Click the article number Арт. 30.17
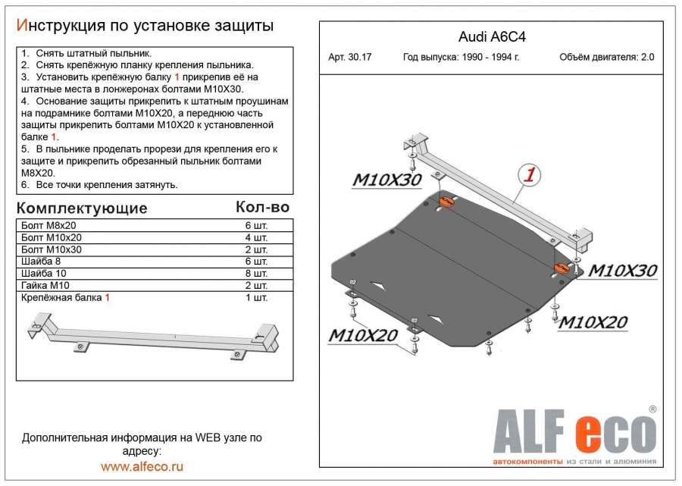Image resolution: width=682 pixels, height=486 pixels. click(x=356, y=58)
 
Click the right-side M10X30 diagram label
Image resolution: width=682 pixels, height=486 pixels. click(x=623, y=271)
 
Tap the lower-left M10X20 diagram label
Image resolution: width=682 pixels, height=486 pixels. click(x=363, y=334)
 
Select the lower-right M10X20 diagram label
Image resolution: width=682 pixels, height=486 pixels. click(x=593, y=321)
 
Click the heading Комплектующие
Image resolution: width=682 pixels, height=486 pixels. click(x=82, y=208)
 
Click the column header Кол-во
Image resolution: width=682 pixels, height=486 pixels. click(x=262, y=207)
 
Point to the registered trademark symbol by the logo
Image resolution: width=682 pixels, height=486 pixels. click(x=652, y=409)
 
